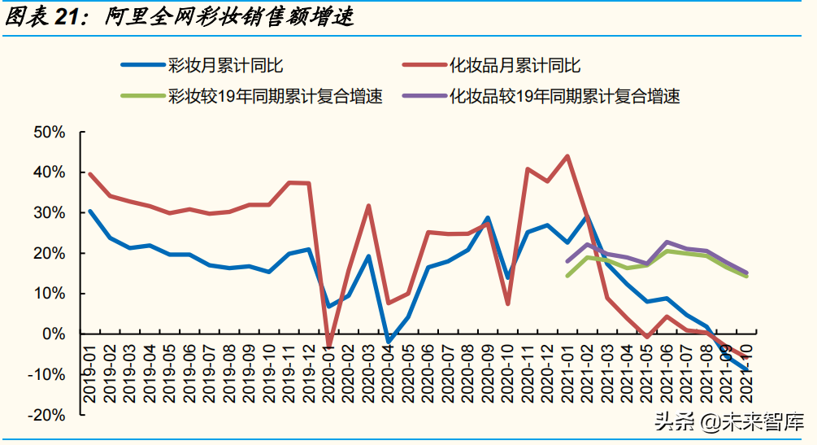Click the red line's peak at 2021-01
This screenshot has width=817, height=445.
pyautogui.click(x=567, y=156)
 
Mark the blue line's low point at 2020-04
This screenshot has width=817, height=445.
pyautogui.click(x=389, y=342)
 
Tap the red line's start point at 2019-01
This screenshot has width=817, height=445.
pyautogui.click(x=89, y=173)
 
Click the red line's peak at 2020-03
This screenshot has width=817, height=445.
pyautogui.click(x=368, y=206)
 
